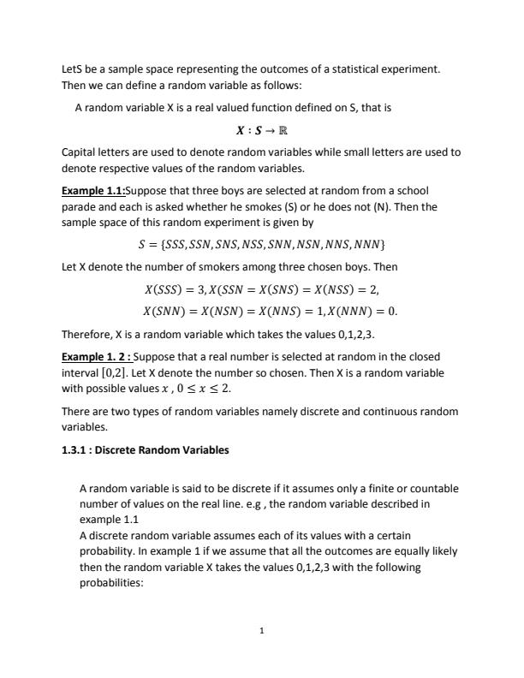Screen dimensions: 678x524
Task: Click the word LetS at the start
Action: point(73,68)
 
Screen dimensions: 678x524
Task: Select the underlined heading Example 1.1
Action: point(93,189)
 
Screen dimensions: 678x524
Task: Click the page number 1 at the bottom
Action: point(261,631)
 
